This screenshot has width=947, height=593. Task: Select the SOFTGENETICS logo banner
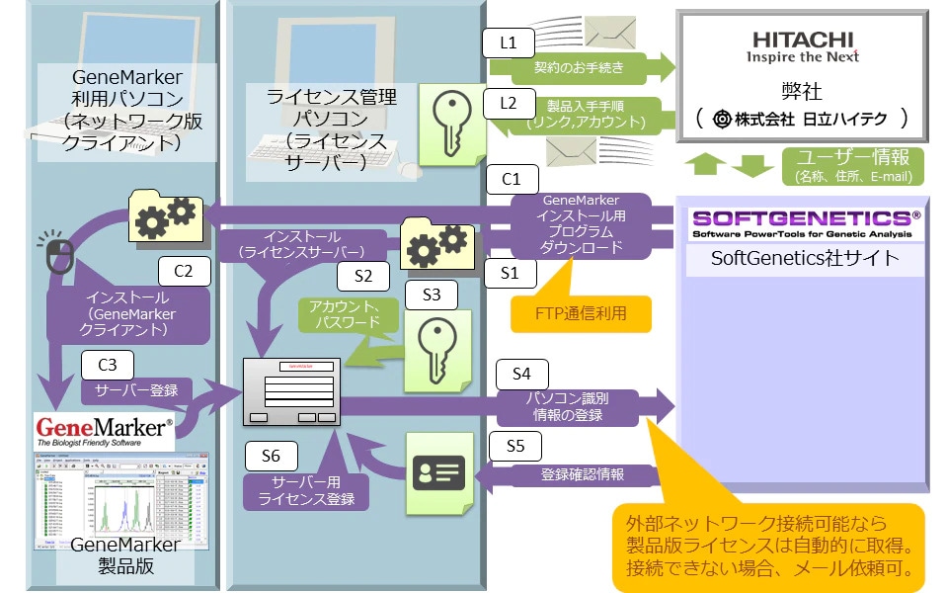[x=805, y=224]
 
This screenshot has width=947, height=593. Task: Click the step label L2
[x=509, y=102]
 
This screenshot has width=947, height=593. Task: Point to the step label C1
[x=512, y=180]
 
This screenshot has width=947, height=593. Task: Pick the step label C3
[x=109, y=363]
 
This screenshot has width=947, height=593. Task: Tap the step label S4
[x=521, y=374]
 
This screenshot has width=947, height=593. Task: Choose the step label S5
[x=515, y=446]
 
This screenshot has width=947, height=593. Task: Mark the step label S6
[x=271, y=456]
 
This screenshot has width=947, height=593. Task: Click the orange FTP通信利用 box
[x=582, y=313]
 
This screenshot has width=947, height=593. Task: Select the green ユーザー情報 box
[x=852, y=166]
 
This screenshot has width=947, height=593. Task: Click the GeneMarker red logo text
[x=105, y=426]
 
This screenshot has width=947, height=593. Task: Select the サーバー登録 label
[x=136, y=389]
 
